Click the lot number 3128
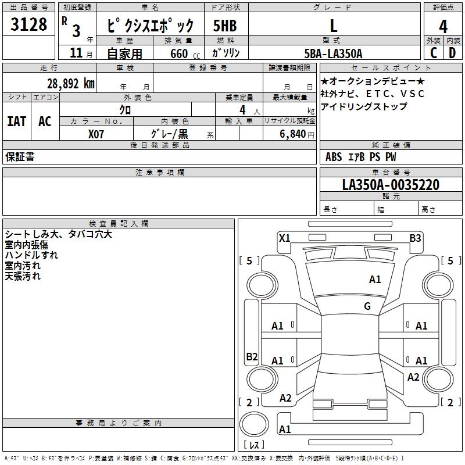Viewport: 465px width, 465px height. [28, 25]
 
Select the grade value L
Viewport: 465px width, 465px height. [333, 26]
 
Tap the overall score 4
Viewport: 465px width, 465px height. [443, 27]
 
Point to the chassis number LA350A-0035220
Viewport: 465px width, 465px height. [391, 185]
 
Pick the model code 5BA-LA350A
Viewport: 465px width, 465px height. [333, 53]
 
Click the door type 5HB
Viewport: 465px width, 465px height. [225, 26]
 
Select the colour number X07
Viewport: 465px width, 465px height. [96, 134]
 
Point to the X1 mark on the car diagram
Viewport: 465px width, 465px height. [284, 238]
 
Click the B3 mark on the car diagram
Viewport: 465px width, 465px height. [415, 238]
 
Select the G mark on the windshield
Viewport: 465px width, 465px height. [367, 306]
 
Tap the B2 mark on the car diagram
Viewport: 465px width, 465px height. [252, 357]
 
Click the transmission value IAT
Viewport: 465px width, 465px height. [17, 121]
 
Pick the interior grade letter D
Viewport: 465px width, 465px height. [452, 53]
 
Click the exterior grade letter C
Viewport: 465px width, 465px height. [434, 53]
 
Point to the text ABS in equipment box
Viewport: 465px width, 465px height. [334, 157]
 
